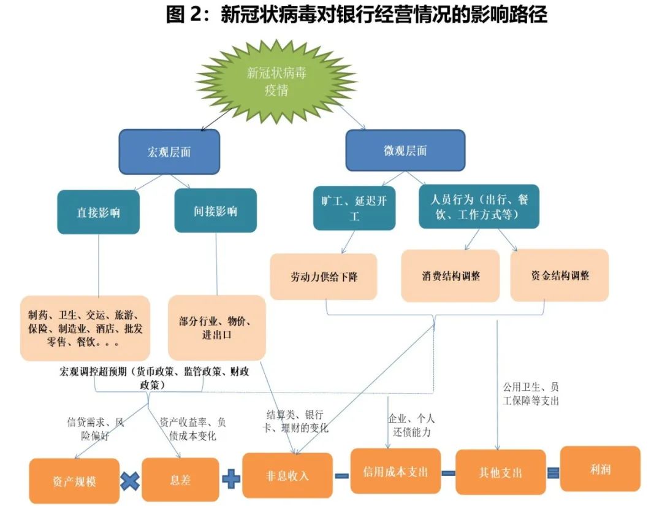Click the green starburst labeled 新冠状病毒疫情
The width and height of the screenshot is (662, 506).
(x=276, y=82)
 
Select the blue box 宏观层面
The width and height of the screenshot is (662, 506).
(x=169, y=151)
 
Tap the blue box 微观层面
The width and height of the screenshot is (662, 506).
(x=405, y=150)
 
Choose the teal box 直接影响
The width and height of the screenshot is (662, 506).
(x=98, y=212)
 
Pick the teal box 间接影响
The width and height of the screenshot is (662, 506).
(x=215, y=211)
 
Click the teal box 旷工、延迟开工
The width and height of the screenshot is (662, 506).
(x=354, y=208)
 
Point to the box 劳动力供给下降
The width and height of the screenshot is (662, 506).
(x=324, y=277)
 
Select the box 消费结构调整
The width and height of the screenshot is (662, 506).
(x=450, y=275)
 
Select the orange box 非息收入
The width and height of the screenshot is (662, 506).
(x=287, y=475)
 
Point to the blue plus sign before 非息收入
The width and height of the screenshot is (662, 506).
(x=230, y=478)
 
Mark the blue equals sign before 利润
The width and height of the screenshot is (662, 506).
(x=553, y=472)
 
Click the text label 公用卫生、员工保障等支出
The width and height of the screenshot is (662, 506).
(x=531, y=394)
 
